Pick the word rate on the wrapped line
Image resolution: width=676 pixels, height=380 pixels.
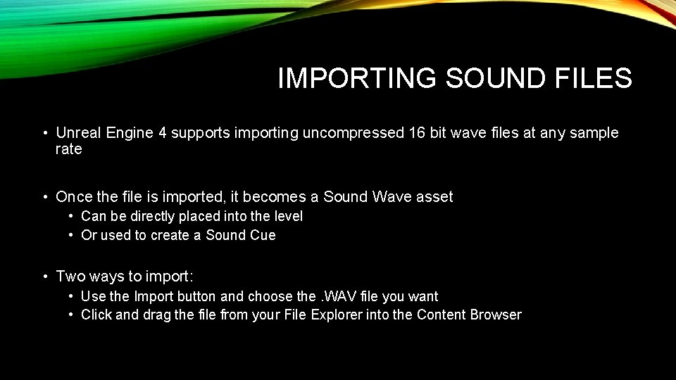(68, 149)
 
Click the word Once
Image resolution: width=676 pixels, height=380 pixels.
(74, 197)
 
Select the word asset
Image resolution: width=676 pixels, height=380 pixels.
(434, 197)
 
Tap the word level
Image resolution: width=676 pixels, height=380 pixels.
(287, 216)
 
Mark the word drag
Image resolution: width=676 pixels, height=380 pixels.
(156, 315)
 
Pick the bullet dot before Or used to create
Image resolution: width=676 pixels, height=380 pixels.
(72, 235)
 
